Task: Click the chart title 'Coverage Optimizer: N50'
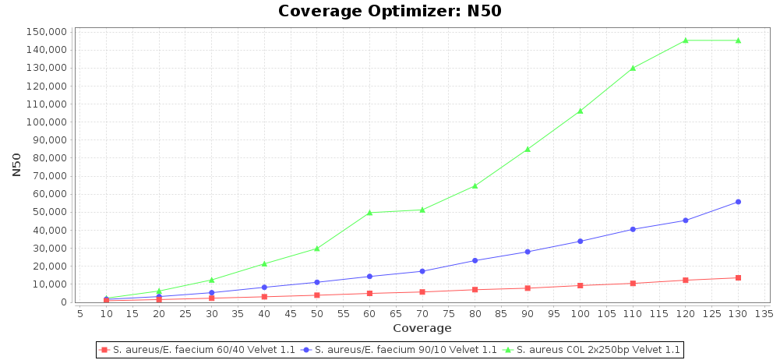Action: tap(390, 11)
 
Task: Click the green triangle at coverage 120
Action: tap(686, 40)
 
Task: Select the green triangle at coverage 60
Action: tap(369, 212)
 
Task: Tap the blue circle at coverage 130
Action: tap(738, 202)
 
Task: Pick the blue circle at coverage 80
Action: tap(475, 260)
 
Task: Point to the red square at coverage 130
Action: tap(738, 277)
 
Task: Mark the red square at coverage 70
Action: tap(422, 291)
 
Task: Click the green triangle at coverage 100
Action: tap(580, 111)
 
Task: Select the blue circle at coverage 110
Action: tap(633, 229)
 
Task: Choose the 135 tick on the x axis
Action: tap(764, 314)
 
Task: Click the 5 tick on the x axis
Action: tap(80, 314)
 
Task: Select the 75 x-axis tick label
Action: tap(448, 314)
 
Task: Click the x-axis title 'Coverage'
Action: tap(422, 328)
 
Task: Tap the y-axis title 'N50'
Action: tap(16, 164)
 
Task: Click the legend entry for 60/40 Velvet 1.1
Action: tap(197, 350)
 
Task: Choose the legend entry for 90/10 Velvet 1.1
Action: tap(398, 350)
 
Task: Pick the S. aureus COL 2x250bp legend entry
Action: tap(592, 350)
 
